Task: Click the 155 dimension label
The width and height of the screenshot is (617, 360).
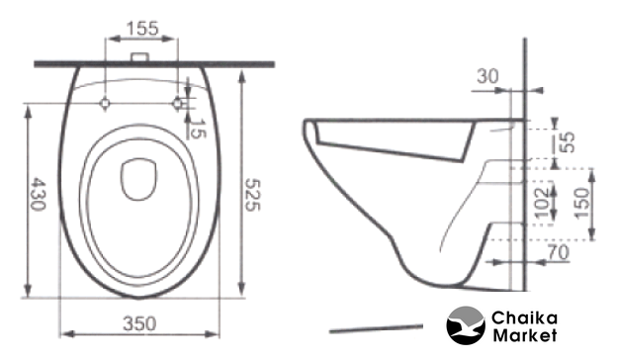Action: (x=142, y=29)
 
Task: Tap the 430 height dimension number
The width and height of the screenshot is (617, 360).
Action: (x=39, y=194)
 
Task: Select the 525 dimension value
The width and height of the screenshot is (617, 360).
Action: (x=252, y=195)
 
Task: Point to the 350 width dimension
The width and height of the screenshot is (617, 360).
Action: (x=139, y=323)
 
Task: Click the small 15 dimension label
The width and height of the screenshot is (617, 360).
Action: (x=198, y=129)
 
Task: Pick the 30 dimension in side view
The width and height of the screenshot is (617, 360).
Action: (x=487, y=76)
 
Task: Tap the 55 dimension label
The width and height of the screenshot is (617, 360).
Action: (x=568, y=141)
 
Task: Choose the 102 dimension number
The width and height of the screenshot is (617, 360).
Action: (x=542, y=202)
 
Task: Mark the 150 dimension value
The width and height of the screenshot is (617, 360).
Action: (x=581, y=203)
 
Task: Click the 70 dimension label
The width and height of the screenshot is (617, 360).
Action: (x=558, y=252)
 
